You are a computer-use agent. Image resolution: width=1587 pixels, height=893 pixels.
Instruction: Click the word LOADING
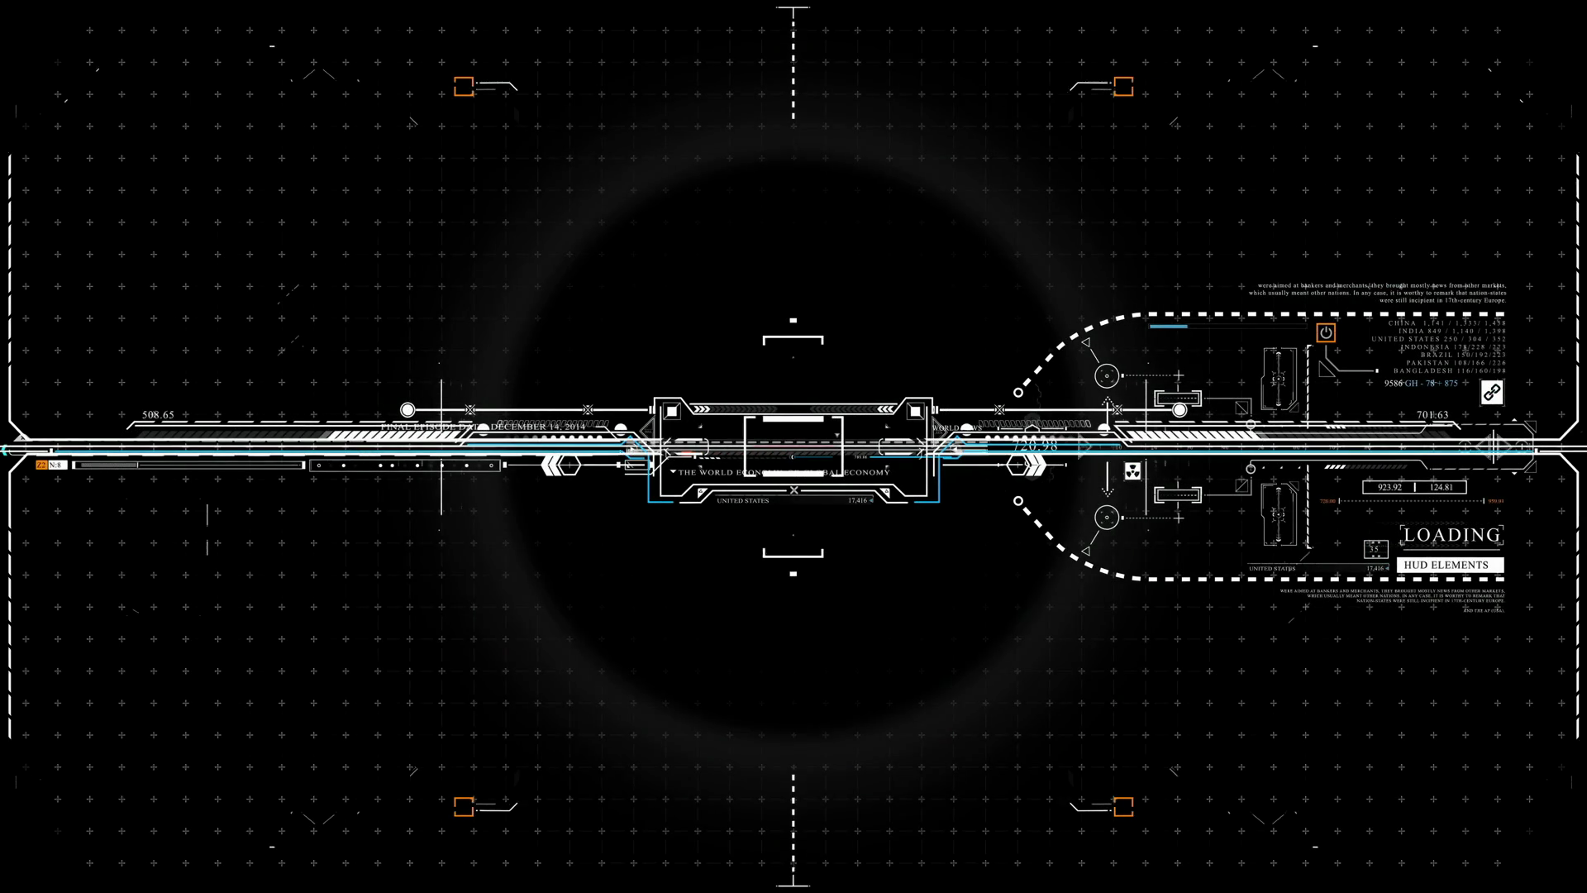pyautogui.click(x=1451, y=535)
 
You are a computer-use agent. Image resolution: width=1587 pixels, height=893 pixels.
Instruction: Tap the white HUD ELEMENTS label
pyautogui.click(x=1446, y=565)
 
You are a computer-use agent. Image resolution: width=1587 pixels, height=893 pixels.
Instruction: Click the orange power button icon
pyautogui.click(x=1326, y=332)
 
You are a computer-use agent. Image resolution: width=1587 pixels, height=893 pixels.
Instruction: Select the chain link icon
pyautogui.click(x=1491, y=392)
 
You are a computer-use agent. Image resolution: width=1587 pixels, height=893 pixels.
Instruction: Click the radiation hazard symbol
pyautogui.click(x=1132, y=471)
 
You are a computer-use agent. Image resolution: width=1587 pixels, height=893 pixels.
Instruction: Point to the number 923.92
pyautogui.click(x=1389, y=487)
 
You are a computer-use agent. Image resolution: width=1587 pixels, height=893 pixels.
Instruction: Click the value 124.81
pyautogui.click(x=1441, y=487)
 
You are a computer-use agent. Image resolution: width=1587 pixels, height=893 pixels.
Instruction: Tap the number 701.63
pyautogui.click(x=1432, y=415)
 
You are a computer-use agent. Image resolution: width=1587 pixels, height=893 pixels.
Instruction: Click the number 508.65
pyautogui.click(x=158, y=415)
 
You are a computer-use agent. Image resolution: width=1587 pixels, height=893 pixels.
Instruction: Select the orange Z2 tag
pyautogui.click(x=41, y=466)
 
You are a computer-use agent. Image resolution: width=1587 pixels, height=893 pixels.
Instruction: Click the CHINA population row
pyautogui.click(x=1446, y=323)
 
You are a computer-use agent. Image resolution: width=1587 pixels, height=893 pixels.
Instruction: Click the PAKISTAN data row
pyautogui.click(x=1456, y=362)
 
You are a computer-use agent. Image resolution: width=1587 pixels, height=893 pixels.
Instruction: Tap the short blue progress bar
pyautogui.click(x=1168, y=327)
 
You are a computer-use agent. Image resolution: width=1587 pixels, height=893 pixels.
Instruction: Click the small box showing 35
pyautogui.click(x=1375, y=549)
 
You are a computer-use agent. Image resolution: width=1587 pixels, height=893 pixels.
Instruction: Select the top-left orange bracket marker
pyautogui.click(x=464, y=86)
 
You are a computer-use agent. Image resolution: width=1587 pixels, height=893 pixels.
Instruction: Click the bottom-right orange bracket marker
pyautogui.click(x=1122, y=806)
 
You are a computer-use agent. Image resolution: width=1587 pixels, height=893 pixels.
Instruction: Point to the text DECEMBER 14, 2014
pyautogui.click(x=537, y=427)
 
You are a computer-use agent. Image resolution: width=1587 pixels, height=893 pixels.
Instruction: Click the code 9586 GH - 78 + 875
pyautogui.click(x=1421, y=384)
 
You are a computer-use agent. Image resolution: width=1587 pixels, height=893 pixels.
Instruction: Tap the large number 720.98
pyautogui.click(x=1035, y=446)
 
